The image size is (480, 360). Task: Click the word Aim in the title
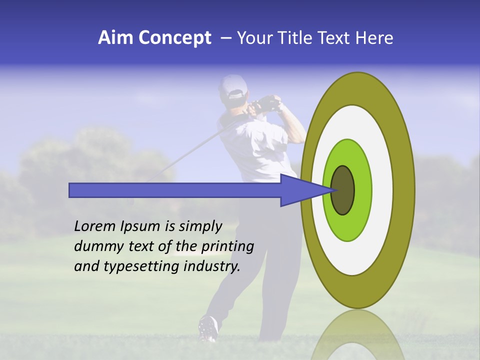[x=116, y=38]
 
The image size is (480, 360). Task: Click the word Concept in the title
[x=175, y=38]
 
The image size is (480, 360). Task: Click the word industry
[x=212, y=266]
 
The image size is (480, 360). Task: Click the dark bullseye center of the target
[x=342, y=190]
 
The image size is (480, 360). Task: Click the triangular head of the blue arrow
[x=300, y=190]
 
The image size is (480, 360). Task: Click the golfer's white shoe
[x=207, y=327]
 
